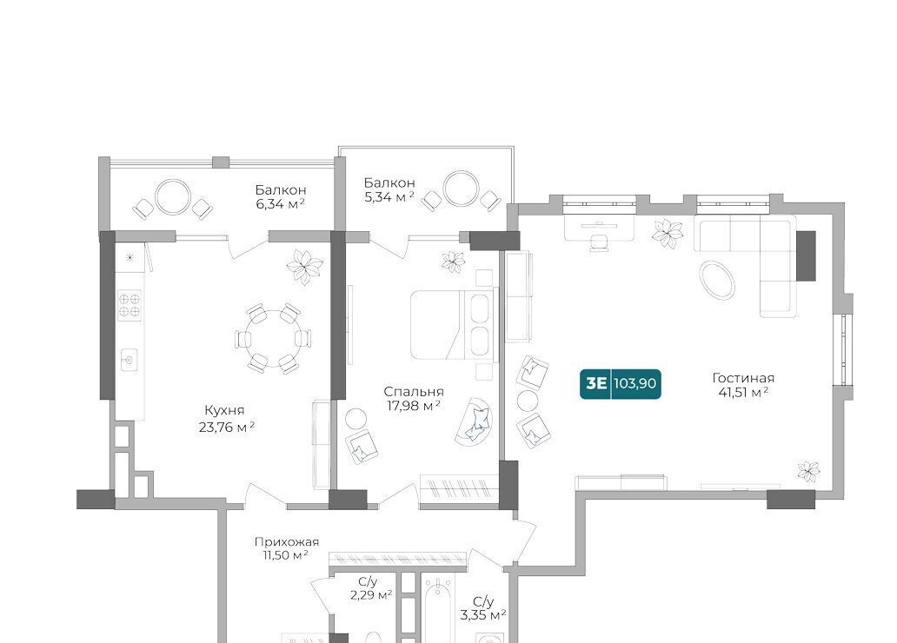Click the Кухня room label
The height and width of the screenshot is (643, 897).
pos(224,410)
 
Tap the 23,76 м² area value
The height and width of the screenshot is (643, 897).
pos(227,427)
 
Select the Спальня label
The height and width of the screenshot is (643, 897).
pos(414,392)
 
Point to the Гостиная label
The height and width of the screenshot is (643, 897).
pos(743,378)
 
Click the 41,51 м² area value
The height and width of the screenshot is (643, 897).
pos(743,393)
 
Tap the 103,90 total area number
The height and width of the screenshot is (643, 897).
pos(635,382)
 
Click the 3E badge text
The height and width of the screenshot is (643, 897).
pos(596,382)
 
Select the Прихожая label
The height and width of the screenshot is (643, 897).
pos(287,541)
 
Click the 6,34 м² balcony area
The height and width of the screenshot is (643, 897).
pos(280,203)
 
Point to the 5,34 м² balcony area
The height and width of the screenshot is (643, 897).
pos(389,197)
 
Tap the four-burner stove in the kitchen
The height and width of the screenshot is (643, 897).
pos(130,305)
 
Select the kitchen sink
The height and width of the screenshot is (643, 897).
pos(130,360)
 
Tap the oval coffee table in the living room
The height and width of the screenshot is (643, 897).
pos(717,281)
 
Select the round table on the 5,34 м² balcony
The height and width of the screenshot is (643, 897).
pos(461,189)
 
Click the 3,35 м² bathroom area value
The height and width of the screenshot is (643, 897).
pos(483,615)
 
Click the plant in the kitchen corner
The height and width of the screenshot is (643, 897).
pos(304,267)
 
